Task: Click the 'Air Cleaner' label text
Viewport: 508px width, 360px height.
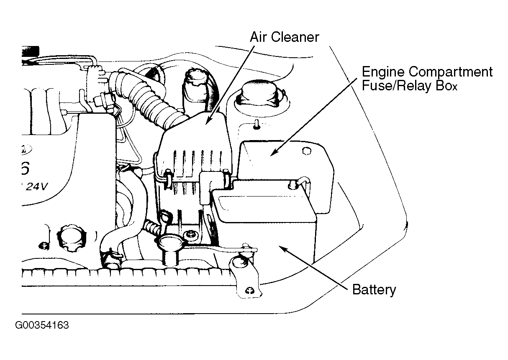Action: coord(285,37)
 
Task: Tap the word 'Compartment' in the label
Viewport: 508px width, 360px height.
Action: coord(451,72)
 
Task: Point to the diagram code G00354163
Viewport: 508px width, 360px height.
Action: coord(42,325)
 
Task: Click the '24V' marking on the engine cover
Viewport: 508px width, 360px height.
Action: coord(36,186)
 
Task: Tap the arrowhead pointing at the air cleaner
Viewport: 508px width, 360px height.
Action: coord(208,120)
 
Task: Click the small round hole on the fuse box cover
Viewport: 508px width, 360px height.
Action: coord(306,151)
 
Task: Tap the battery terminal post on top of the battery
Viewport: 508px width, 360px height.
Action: coord(292,185)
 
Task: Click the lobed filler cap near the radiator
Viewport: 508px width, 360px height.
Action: coord(71,238)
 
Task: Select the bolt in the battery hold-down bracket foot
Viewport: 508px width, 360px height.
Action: coord(250,291)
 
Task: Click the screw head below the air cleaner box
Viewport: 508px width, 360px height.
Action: coord(190,235)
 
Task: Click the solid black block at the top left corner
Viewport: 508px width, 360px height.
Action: coord(31,51)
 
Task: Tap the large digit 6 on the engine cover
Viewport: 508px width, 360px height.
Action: coord(26,169)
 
